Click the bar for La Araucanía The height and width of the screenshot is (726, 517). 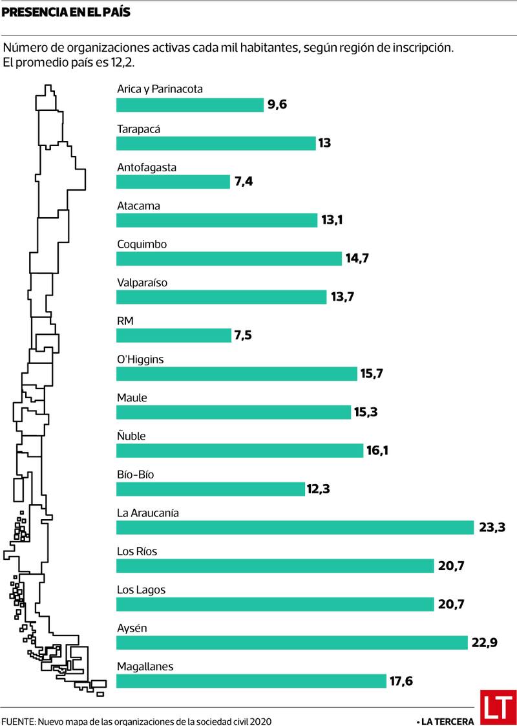click(x=295, y=528)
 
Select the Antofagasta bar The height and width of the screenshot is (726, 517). click(x=173, y=182)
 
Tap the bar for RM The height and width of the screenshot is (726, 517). click(x=173, y=336)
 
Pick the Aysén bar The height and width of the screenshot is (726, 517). click(x=291, y=643)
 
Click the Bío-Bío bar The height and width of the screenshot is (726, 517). click(x=210, y=489)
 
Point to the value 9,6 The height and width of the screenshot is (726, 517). click(x=277, y=105)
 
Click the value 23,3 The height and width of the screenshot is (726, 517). click(x=492, y=528)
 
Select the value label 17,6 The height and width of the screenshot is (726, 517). click(x=401, y=681)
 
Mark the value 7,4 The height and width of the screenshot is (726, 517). click(x=244, y=182)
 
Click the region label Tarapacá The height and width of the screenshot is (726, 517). click(x=138, y=129)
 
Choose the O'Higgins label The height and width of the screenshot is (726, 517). click(x=140, y=359)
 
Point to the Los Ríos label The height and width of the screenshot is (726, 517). click(x=137, y=551)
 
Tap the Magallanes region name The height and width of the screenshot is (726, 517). click(x=145, y=667)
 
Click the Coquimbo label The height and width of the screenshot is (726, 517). click(x=142, y=244)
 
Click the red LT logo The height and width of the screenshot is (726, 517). click(x=498, y=707)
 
